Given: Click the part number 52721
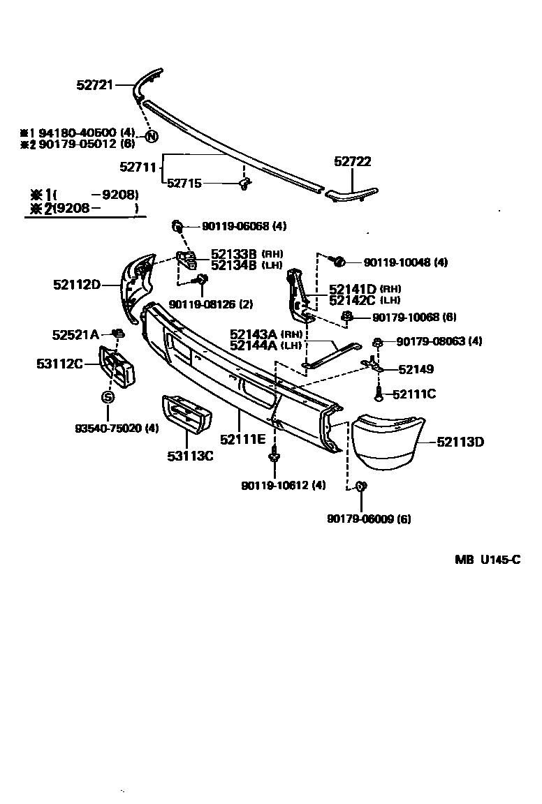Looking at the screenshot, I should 94,85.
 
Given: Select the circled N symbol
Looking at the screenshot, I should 151,137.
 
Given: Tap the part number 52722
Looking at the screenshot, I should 352,161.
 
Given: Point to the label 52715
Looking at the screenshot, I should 184,184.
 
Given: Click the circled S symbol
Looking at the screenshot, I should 108,397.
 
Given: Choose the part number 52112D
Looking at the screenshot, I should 77,284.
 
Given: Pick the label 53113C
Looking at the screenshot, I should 189,456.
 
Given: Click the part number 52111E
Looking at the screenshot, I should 242,439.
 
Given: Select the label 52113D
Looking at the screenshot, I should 460,441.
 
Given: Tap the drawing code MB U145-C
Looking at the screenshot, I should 488,559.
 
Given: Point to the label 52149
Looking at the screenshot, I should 416,369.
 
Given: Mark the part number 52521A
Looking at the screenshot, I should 75,334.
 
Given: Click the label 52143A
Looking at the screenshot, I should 254,334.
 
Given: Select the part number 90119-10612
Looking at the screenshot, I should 274,485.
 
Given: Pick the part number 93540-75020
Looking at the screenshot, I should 108,428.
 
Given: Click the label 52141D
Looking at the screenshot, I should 353,289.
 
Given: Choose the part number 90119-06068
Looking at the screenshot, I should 234,226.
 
